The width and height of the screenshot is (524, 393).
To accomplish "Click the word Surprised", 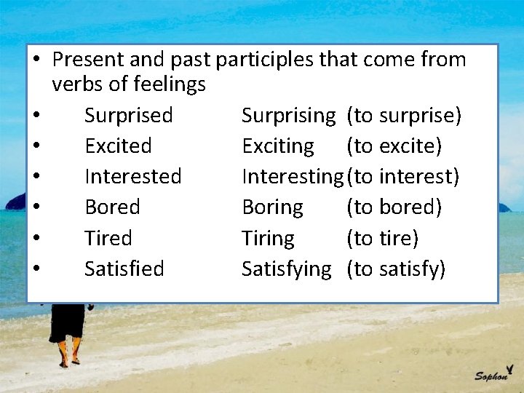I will coord(128,116).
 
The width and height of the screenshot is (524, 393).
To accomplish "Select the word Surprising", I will coord(288,116).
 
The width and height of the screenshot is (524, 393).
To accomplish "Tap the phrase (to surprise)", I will coord(404,116).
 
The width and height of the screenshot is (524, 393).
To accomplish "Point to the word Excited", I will coord(118,146).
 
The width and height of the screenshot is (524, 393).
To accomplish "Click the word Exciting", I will coord(278,146).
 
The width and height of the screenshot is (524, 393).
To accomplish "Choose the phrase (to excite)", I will coord(394,146).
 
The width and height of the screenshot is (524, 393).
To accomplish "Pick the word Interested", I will coord(133,177).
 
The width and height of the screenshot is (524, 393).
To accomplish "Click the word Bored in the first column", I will coord(112,207).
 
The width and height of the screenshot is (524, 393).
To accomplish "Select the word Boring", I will coord(272,207).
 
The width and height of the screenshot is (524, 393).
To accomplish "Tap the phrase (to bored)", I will coord(394,207).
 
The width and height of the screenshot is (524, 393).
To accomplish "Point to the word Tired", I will coord(108,238).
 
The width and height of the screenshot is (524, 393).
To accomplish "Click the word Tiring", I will coord(268,238).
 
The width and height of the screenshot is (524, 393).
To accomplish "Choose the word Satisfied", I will coord(124,269).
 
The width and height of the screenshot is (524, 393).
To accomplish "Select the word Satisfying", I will coord(286,269).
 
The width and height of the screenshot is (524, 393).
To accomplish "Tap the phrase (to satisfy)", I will coord(396,269).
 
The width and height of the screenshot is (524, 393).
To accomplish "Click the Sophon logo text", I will coord(492,375).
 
